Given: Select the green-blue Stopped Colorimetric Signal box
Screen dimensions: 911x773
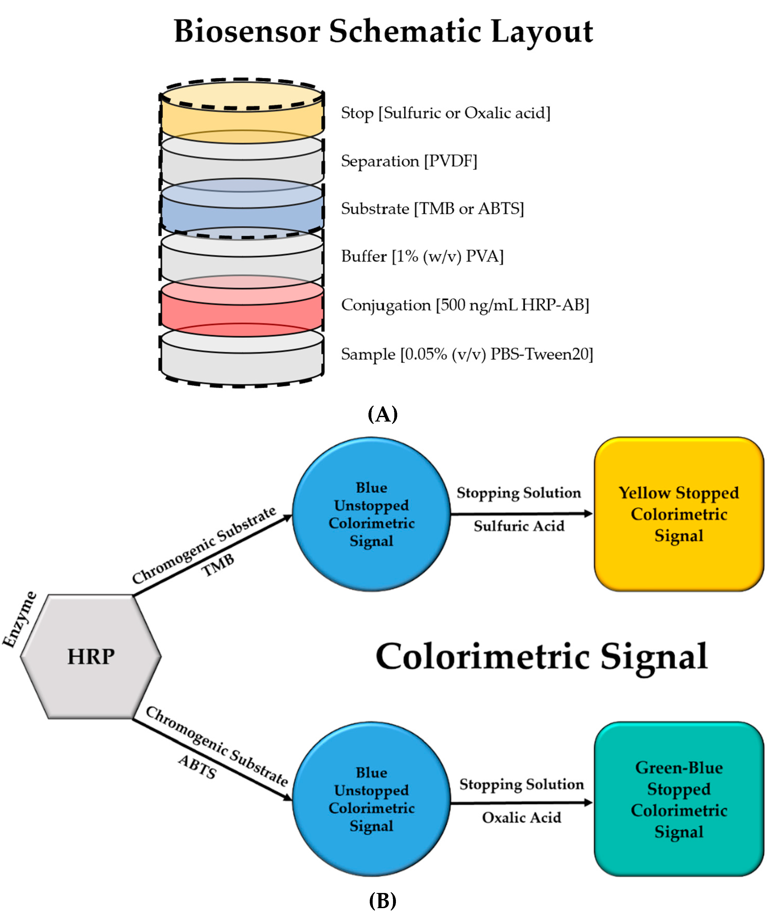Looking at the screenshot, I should (678, 799).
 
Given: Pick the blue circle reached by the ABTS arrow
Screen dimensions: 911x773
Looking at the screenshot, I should (371, 799).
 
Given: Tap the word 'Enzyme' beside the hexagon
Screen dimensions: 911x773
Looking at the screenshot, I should (20, 619).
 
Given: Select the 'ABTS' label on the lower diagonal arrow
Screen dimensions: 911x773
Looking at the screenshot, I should (197, 767).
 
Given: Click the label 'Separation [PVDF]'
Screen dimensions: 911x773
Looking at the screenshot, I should (409, 161).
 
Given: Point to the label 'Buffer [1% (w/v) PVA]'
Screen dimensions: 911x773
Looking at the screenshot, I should (422, 256).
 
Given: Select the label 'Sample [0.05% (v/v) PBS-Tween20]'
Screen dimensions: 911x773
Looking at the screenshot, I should (467, 354).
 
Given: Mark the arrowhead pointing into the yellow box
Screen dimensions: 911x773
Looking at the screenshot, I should (588, 514).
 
